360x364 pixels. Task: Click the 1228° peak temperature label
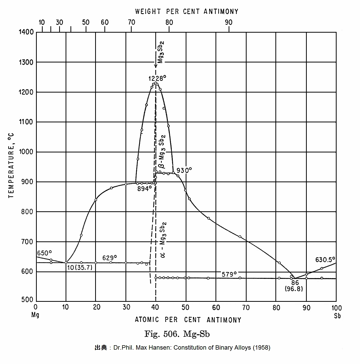point(156,78)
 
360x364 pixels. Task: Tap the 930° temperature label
point(184,170)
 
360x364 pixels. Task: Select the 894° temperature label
point(145,189)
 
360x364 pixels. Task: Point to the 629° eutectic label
point(110,258)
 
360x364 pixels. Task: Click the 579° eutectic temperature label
point(229,274)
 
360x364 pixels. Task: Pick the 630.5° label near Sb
point(325,260)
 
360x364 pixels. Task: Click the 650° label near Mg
point(44,253)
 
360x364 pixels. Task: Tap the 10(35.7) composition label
point(79,268)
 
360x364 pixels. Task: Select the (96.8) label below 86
point(294,289)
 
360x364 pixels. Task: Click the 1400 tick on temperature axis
point(26,32)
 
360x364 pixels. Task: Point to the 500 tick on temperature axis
point(27,299)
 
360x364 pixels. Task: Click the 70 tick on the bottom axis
point(246,308)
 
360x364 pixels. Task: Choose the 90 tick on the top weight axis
point(229,22)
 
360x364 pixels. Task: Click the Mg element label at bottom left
point(35,315)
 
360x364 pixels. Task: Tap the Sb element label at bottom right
point(337,316)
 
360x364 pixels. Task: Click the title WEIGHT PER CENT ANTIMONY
point(187,12)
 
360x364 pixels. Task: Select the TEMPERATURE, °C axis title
point(11,166)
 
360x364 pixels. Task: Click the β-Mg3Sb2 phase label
point(161,152)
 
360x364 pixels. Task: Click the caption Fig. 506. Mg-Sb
point(177,334)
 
